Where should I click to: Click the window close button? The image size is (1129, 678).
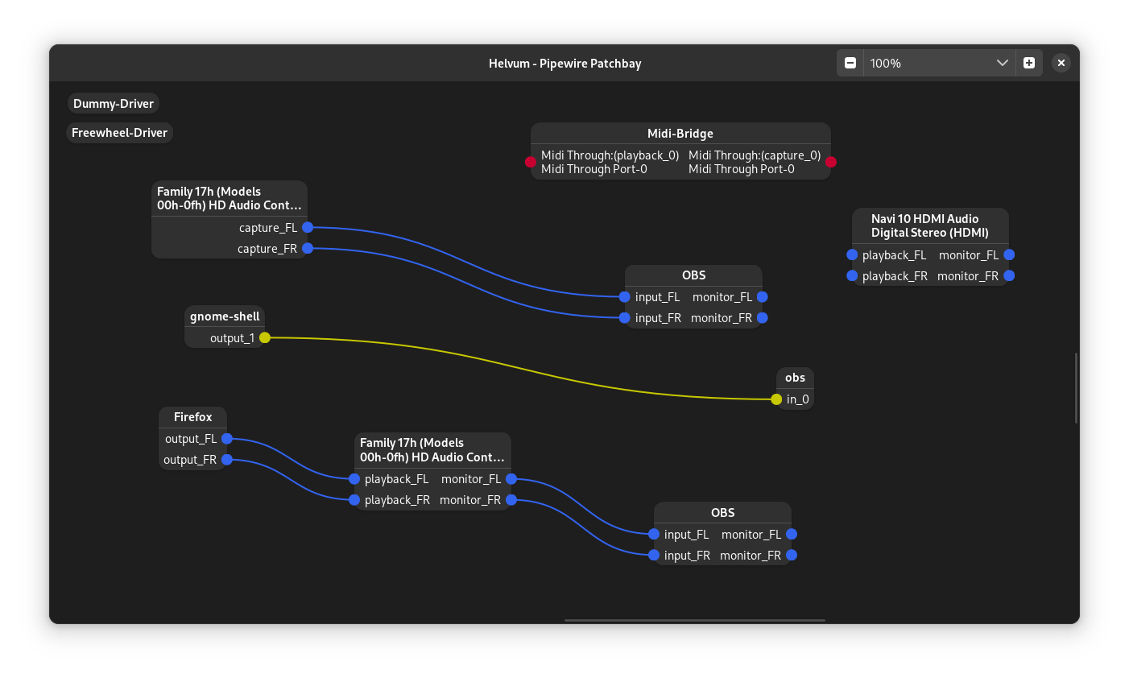(1061, 63)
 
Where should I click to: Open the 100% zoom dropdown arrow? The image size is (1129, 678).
(1003, 63)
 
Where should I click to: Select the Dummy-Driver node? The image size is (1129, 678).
(114, 104)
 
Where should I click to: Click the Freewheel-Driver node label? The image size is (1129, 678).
(119, 133)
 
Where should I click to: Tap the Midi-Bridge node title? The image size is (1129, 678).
(680, 134)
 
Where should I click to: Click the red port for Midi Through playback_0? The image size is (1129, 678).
(531, 162)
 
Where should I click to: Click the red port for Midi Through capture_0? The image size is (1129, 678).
(831, 162)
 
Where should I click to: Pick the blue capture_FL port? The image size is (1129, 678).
(308, 228)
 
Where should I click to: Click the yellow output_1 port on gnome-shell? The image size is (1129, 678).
(265, 338)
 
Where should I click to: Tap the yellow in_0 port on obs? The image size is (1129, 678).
(776, 399)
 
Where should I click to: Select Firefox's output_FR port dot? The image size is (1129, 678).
(227, 460)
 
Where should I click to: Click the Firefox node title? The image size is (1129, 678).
(193, 417)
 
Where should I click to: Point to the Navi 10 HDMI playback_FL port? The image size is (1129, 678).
(852, 255)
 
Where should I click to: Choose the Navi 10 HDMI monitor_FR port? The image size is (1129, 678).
(1009, 276)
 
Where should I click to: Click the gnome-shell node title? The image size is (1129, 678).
(225, 316)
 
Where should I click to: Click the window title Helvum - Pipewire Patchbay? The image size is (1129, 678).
(564, 64)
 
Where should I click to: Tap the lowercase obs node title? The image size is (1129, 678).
(796, 378)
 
